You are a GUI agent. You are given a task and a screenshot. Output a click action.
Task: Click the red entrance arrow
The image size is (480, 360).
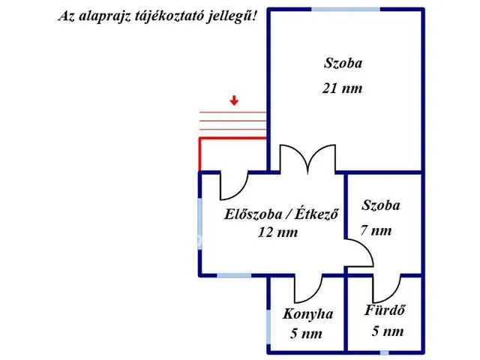tap(235, 100)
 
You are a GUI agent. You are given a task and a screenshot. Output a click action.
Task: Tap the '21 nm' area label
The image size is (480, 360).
tap(341, 88)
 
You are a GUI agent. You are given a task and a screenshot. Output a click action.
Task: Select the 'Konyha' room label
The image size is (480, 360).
tap(307, 314)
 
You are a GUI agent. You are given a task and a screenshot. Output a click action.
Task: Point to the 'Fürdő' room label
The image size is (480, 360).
tap(386, 310)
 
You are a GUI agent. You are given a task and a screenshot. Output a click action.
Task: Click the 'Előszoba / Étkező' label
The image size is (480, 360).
tap(282, 214)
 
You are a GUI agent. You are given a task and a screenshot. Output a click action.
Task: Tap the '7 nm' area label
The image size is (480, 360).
tap(376, 230)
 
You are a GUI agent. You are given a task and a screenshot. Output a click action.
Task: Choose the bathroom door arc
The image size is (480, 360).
tap(387, 287)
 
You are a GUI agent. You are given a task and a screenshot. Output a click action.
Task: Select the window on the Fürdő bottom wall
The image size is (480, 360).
tap(385, 352)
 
